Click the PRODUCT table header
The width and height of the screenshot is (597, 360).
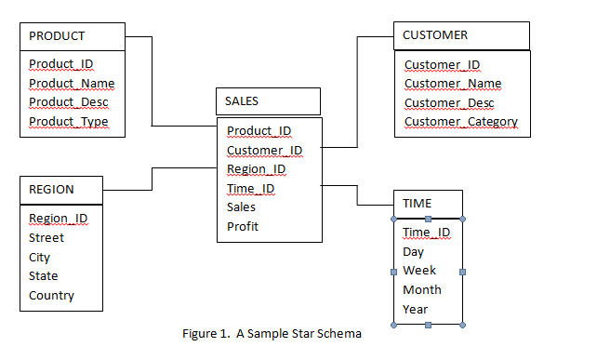(x=72, y=36)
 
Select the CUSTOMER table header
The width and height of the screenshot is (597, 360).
(x=461, y=35)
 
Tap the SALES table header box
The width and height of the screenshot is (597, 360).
(x=268, y=100)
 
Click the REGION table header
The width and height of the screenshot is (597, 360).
(x=60, y=190)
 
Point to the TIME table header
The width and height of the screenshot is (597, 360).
(x=428, y=203)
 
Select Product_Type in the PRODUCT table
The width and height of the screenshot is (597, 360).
(x=68, y=122)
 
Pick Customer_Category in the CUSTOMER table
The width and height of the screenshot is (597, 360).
(x=460, y=122)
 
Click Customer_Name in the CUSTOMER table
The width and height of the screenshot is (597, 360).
(x=452, y=84)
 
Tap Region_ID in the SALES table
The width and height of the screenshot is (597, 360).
(x=257, y=169)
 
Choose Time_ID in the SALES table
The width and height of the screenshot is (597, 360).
(x=250, y=189)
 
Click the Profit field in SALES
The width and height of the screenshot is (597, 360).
(x=243, y=227)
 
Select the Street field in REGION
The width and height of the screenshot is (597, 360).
(x=46, y=238)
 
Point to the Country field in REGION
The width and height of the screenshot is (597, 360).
(x=51, y=296)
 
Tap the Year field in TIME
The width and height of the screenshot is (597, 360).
(x=416, y=309)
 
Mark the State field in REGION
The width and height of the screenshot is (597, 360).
(x=44, y=276)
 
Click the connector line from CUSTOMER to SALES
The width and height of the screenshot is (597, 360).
(x=357, y=93)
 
